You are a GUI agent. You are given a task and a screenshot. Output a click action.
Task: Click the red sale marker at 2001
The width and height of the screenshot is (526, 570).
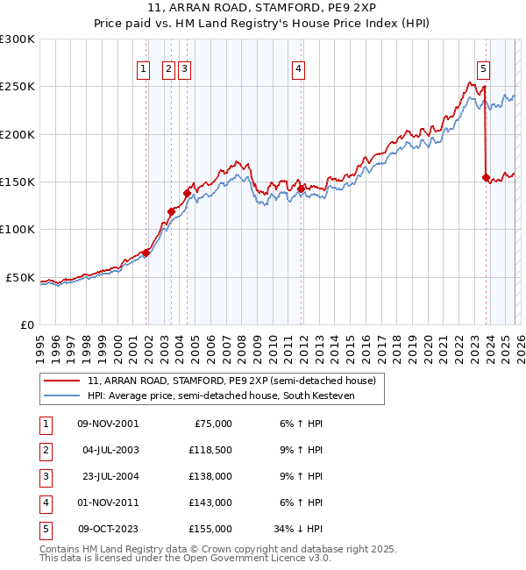(146, 253)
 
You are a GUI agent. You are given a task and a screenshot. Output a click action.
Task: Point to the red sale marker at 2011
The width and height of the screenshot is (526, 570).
(301, 188)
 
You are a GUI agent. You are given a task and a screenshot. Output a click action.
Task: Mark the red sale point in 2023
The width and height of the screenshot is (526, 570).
(486, 177)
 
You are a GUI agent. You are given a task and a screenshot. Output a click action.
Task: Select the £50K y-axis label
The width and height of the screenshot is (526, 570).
(20, 277)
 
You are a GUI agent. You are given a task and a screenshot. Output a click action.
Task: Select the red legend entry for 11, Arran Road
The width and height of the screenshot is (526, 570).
(231, 381)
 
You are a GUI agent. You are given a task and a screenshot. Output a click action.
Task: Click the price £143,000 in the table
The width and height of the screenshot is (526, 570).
(210, 502)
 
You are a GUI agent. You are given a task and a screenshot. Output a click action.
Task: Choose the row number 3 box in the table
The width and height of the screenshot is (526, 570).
(45, 476)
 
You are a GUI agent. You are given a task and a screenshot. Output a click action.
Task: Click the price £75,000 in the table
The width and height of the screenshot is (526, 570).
(213, 424)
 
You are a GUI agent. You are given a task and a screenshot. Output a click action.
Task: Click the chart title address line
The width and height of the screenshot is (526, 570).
(262, 11)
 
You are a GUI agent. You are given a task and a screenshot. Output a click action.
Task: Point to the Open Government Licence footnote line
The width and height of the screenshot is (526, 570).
(185, 558)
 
